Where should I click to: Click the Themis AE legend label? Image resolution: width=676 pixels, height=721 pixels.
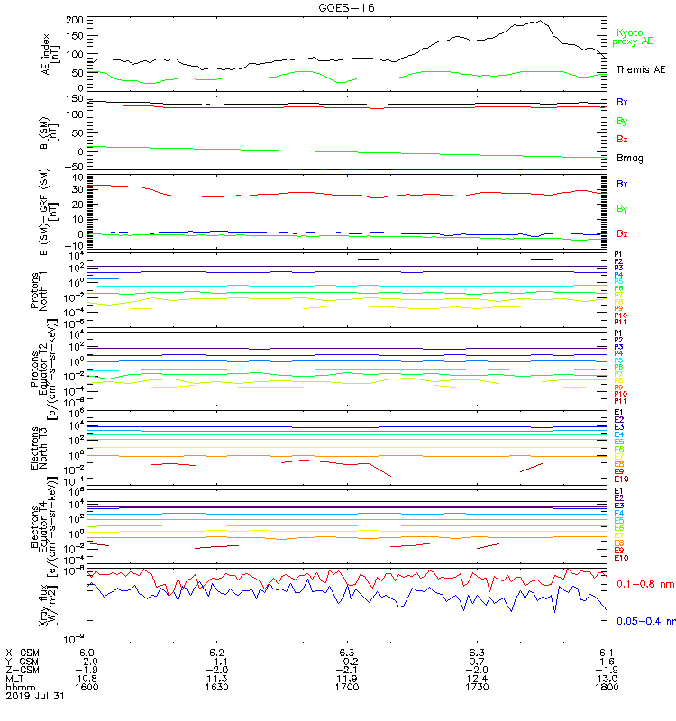click(640, 69)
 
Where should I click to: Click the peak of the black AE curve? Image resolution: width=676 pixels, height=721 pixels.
click(540, 21)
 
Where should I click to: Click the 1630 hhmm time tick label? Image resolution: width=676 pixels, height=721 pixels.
click(216, 686)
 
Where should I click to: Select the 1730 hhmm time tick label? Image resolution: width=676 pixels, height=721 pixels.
click(477, 686)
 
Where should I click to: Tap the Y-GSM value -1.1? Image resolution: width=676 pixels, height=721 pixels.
click(216, 660)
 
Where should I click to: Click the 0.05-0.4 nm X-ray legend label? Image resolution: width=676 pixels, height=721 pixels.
click(644, 620)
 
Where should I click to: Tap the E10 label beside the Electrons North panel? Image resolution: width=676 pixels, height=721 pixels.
click(622, 479)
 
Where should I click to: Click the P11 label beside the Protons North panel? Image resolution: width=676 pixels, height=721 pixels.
click(620, 322)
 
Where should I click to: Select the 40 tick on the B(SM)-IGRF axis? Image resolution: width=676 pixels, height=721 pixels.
click(78, 177)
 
